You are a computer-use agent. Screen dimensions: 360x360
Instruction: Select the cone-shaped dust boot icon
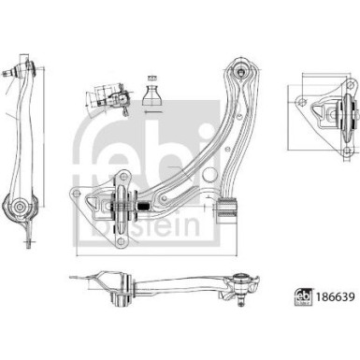(x=153, y=94)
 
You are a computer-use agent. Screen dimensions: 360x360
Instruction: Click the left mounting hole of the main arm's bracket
(x=74, y=193)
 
